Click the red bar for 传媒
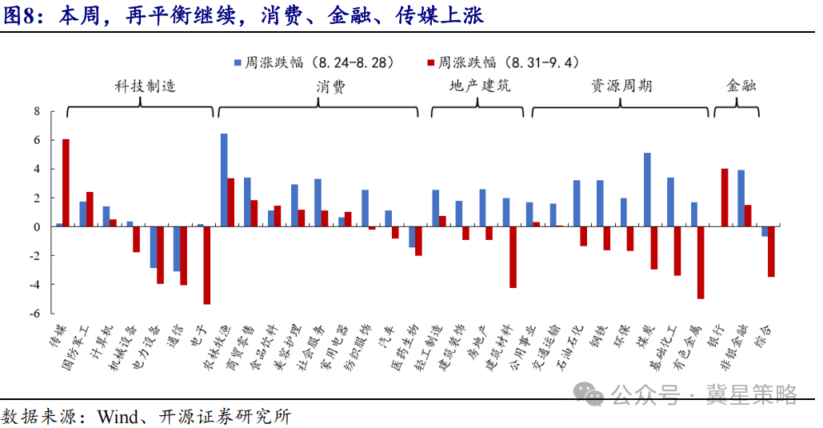point(66,182)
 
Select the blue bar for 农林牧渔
point(224,180)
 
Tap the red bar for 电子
point(207,266)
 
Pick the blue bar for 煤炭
point(647,190)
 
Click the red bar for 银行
point(725,198)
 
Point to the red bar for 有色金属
point(701,262)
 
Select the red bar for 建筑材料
point(513,258)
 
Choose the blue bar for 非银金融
point(741,198)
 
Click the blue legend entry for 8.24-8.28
point(314,62)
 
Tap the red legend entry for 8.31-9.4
point(504,62)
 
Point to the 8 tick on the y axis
point(37,111)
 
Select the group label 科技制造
point(146,86)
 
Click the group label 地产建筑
point(480,86)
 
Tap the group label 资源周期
point(621,86)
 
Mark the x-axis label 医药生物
point(406,347)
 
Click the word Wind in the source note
point(118,417)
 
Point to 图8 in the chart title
point(19,15)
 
